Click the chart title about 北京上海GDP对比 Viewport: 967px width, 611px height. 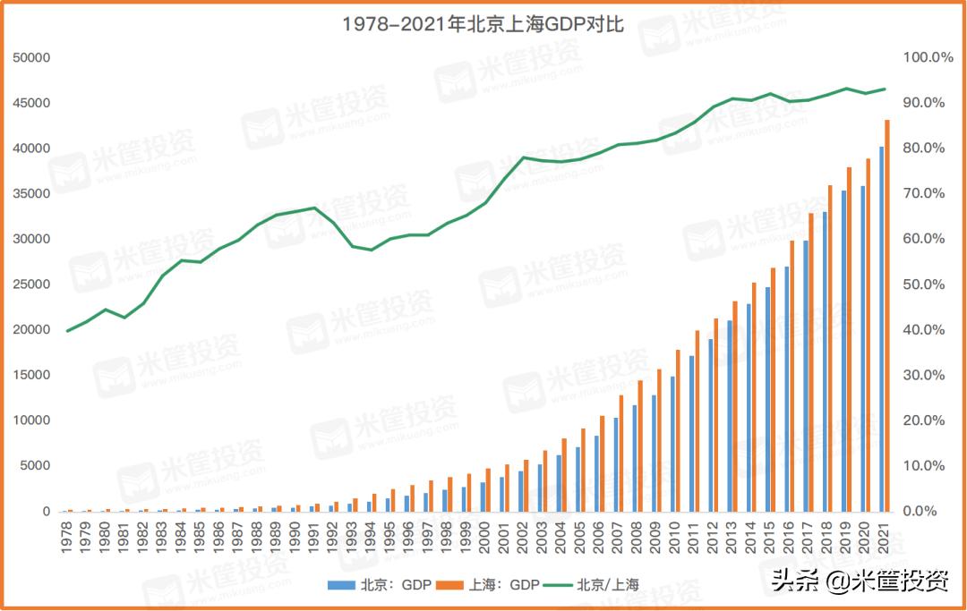(483, 24)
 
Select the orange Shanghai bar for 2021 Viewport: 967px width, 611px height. (887, 315)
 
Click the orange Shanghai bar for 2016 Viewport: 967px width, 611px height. (792, 376)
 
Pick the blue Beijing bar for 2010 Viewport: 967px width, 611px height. (672, 444)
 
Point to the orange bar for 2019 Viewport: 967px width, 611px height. (849, 339)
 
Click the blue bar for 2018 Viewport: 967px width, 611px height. (824, 361)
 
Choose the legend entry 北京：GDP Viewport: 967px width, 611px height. (381, 585)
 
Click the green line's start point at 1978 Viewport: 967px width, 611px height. (67, 331)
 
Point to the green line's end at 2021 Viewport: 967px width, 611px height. (885, 89)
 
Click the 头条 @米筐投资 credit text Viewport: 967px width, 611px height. (860, 581)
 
